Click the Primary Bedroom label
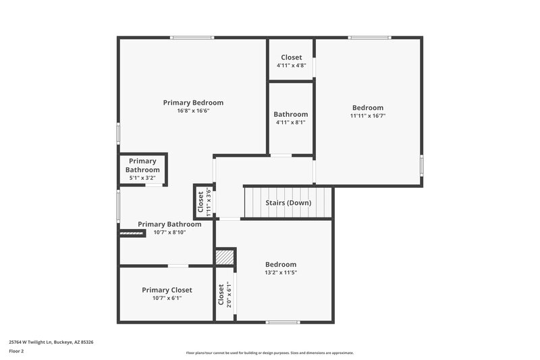click(x=193, y=103)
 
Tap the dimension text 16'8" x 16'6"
click(x=193, y=111)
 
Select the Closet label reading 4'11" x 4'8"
click(x=291, y=57)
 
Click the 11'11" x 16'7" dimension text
click(x=368, y=115)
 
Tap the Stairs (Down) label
click(x=288, y=203)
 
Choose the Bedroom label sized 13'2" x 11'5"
click(x=281, y=264)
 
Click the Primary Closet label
click(x=167, y=290)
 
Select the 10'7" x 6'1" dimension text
click(x=167, y=298)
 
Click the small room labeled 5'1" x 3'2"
click(x=143, y=170)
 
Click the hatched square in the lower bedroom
click(x=225, y=257)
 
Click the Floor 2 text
click(x=17, y=352)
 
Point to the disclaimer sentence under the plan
click(x=270, y=353)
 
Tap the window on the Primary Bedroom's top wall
click(x=183, y=38)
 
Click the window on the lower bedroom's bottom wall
click(x=283, y=322)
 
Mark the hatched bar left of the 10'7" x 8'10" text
click(x=132, y=233)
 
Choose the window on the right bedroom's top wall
click(x=370, y=38)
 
